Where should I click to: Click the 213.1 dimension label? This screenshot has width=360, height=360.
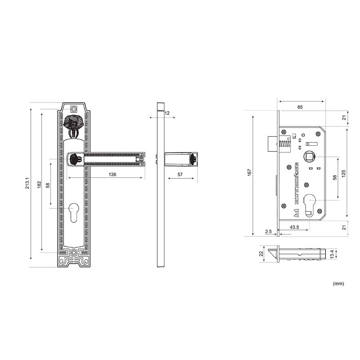click(27, 183)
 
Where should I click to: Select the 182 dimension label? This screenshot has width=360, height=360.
click(39, 185)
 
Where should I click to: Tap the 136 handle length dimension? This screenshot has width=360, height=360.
click(112, 174)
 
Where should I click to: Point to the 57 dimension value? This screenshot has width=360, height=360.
click(180, 174)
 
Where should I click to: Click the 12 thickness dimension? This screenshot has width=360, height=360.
click(167, 113)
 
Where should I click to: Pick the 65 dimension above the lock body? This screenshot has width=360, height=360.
click(300, 107)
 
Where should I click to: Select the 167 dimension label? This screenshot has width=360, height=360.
click(250, 172)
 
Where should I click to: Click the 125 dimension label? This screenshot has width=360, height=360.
click(344, 174)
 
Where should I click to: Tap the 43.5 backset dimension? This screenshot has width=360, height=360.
click(294, 227)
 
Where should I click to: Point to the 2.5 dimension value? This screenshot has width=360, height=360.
click(268, 232)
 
